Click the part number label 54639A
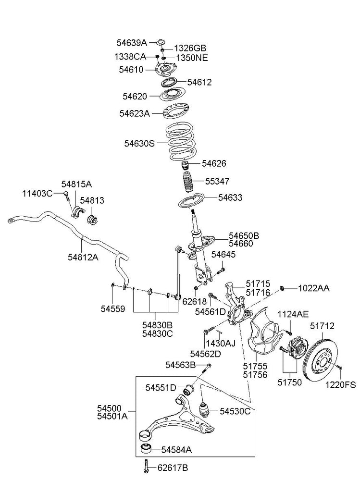[132, 42]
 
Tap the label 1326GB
[190, 48]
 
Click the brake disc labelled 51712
[320, 361]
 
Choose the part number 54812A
[83, 257]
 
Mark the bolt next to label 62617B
[145, 467]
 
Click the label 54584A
[176, 450]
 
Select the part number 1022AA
[314, 288]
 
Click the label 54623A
[135, 113]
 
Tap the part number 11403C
[37, 193]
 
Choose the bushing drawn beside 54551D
[189, 387]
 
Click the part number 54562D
[205, 354]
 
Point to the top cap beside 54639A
[161, 42]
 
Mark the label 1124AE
[293, 314]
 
